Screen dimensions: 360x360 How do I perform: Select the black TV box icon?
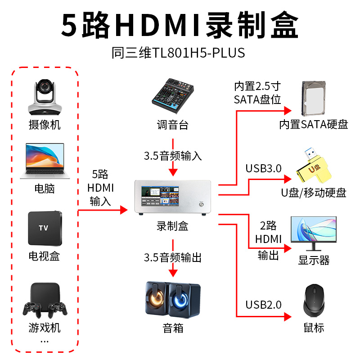tap(44, 228)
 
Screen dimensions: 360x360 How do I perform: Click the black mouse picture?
tap(314, 300)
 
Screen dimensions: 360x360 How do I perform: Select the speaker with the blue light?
tap(184, 299)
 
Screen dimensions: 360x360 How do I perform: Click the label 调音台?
tap(173, 125)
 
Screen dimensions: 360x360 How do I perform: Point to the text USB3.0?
tap(263, 169)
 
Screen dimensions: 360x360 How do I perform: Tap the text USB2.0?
tap(263, 305)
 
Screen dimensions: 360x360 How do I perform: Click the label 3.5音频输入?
tap(173, 156)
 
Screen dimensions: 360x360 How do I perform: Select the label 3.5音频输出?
tap(173, 257)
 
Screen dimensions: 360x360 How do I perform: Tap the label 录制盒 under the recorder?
tap(173, 226)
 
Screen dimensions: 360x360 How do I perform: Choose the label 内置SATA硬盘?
tap(314, 125)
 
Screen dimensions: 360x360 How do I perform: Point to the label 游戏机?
tap(44, 328)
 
